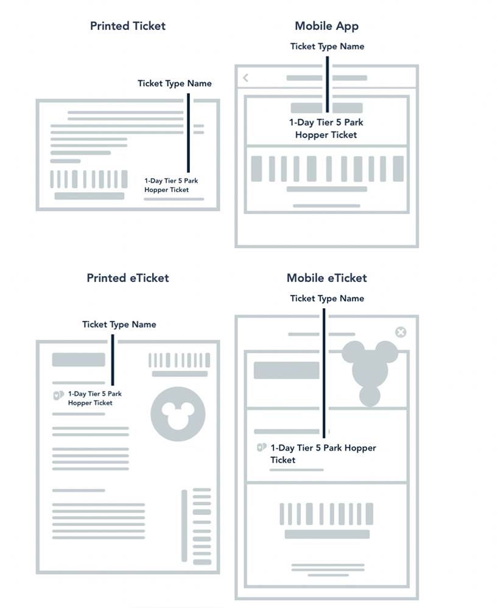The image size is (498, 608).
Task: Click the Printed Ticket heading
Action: (x=127, y=26)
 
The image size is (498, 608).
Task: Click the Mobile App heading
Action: (x=326, y=26)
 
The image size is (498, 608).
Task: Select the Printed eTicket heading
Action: (x=127, y=278)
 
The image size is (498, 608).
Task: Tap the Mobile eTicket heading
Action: (x=326, y=278)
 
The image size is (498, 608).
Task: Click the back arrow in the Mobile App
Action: (x=245, y=78)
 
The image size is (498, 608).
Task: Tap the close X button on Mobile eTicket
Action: (x=400, y=332)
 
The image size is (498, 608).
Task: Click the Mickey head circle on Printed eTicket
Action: (x=178, y=414)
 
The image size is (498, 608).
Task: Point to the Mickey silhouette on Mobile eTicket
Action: (x=369, y=368)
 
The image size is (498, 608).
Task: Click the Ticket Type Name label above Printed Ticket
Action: (x=174, y=83)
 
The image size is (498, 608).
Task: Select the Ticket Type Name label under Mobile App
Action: (x=327, y=46)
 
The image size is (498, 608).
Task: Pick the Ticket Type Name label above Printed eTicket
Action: (x=119, y=324)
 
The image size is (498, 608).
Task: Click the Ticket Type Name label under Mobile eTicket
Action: (x=327, y=298)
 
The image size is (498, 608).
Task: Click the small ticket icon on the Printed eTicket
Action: (x=58, y=395)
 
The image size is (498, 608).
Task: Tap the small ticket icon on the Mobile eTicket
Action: (x=261, y=448)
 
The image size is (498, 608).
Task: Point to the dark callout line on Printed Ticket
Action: (x=189, y=134)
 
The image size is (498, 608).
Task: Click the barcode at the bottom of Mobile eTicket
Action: (x=327, y=514)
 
